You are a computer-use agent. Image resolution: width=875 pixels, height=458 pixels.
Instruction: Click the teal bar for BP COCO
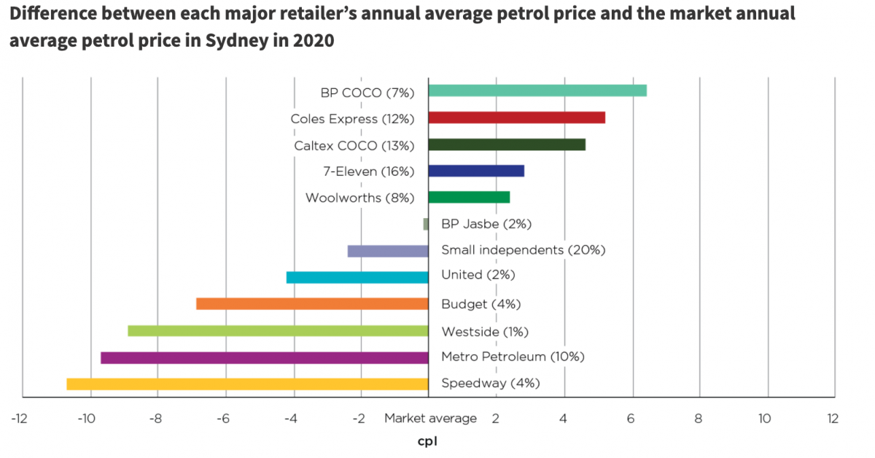[537, 90]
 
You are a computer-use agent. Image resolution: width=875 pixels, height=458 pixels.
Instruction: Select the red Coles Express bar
[516, 117]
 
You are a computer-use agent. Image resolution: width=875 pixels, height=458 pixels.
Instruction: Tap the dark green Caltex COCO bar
[506, 144]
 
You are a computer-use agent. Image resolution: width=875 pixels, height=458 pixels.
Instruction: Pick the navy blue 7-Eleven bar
[475, 171]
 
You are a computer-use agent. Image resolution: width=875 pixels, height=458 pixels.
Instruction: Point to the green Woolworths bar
[468, 197]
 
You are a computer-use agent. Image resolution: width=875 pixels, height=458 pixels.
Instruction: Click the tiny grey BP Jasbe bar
[426, 224]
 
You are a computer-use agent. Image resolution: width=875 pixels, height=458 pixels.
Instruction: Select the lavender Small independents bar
[388, 251]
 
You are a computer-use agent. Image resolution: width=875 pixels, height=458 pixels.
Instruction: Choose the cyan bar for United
[357, 277]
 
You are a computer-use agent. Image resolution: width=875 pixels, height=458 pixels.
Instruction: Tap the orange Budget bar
[312, 303]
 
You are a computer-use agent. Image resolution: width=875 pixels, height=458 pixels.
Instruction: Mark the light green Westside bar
[278, 330]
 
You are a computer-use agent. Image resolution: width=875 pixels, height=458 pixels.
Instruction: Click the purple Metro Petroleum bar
[264, 357]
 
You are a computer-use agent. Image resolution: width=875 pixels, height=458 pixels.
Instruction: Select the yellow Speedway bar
[247, 384]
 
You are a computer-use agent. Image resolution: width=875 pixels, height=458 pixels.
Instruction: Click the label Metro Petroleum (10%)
[513, 357]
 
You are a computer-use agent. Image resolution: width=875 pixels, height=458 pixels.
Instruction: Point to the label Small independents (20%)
[523, 250]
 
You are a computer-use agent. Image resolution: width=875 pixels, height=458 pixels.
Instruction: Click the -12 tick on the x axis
[19, 419]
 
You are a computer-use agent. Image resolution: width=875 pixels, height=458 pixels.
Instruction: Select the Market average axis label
[430, 419]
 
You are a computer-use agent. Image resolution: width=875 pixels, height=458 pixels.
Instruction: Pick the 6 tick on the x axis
[631, 419]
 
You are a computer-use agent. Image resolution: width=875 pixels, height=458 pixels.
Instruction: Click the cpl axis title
[427, 441]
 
